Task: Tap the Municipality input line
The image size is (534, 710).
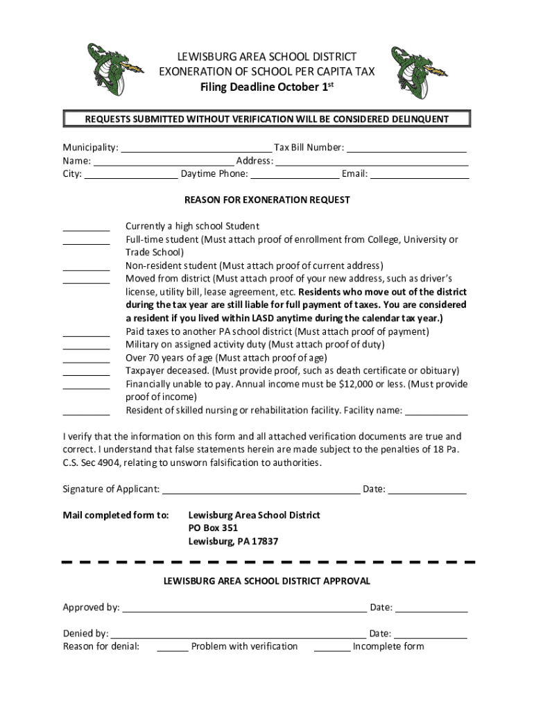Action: tap(196, 148)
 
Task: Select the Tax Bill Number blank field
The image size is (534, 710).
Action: tap(406, 148)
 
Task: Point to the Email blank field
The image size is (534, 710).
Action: tap(420, 175)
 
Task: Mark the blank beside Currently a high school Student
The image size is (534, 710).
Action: tap(86, 227)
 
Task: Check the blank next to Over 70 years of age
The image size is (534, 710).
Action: tap(86, 359)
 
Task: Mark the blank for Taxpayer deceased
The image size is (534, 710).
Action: tap(86, 372)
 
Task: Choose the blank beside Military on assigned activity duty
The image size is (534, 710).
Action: tap(86, 346)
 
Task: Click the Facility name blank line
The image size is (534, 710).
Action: tap(436, 412)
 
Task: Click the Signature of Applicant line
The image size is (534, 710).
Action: tap(261, 491)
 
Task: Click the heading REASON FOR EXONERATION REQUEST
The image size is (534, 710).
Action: tap(267, 200)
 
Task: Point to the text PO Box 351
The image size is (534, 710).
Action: tap(213, 528)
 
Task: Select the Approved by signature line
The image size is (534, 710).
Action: tap(244, 609)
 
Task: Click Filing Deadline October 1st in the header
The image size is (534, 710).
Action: tap(267, 87)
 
